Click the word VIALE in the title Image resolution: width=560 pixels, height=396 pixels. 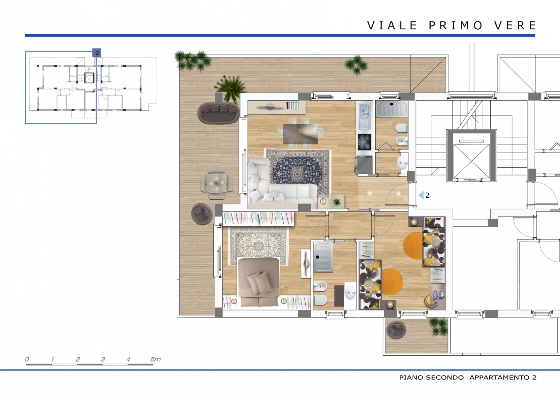(392, 25)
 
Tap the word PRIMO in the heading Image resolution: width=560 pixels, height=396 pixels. (455, 25)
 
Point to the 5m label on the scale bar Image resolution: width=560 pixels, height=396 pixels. (155, 359)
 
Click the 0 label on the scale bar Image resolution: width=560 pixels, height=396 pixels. (27, 359)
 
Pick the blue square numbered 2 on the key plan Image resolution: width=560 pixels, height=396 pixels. (97, 53)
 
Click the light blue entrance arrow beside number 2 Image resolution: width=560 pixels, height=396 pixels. (421, 195)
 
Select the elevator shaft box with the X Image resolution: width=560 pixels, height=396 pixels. (471, 155)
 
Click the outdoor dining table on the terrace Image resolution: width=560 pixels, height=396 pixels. (216, 183)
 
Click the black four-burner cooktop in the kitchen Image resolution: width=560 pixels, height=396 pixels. (364, 142)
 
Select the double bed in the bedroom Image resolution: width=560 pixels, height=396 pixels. (259, 282)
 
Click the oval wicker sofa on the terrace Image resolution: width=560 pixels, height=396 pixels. (219, 113)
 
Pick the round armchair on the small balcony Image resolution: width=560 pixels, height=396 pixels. (396, 330)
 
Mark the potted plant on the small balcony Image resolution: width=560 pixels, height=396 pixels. (438, 326)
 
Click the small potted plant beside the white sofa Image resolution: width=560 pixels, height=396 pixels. (336, 202)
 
